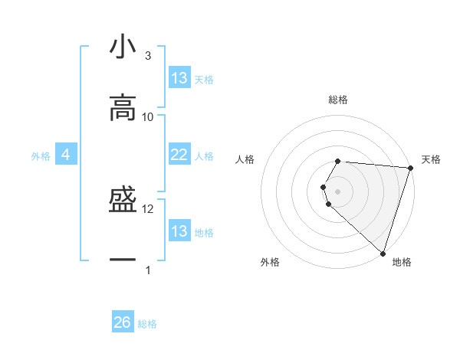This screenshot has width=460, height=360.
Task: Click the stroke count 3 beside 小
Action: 148,56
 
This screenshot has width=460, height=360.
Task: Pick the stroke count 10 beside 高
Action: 148,116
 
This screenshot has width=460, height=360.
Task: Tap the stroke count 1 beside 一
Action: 148,270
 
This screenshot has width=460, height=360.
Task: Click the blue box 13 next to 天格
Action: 179,78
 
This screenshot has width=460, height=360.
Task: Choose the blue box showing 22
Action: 179,155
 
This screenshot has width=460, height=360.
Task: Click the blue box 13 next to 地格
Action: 179,231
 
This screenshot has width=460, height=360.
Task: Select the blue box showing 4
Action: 66,155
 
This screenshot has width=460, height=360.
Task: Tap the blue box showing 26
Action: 123,322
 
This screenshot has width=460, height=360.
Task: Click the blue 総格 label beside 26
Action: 147,324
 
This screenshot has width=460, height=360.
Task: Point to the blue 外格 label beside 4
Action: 41,156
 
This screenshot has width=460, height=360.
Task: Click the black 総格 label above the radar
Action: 338,100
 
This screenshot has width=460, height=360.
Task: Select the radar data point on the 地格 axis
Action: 383,253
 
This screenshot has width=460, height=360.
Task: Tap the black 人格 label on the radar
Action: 245,159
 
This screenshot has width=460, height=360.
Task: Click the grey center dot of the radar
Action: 338,191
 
